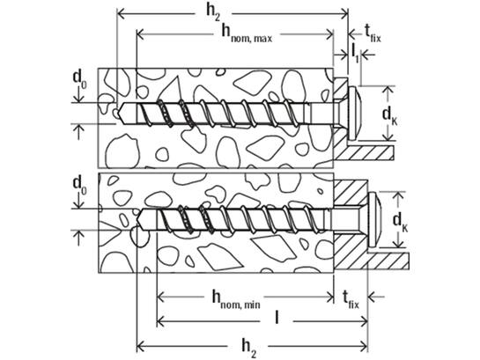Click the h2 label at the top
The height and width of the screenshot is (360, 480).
[213, 13]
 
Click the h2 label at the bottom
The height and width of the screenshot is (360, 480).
[249, 349]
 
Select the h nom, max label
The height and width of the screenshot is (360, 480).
[247, 33]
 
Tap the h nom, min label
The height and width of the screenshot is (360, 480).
[236, 300]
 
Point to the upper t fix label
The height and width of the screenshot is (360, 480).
[373, 33]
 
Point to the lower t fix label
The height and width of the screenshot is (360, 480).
[351, 299]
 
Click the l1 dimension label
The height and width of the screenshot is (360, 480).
[355, 53]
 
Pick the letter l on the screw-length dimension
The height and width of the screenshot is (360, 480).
[277, 317]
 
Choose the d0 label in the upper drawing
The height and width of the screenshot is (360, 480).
[79, 79]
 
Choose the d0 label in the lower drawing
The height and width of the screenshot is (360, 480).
[79, 186]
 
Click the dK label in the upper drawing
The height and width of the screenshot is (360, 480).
[389, 115]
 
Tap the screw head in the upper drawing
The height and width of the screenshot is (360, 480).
[356, 114]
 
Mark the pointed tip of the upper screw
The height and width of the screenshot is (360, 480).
[118, 114]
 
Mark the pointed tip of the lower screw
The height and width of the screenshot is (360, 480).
[137, 220]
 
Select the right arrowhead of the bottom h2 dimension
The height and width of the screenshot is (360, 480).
[364, 347]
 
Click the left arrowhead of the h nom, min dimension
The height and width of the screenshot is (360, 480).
[160, 297]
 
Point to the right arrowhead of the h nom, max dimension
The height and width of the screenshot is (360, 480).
[329, 34]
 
